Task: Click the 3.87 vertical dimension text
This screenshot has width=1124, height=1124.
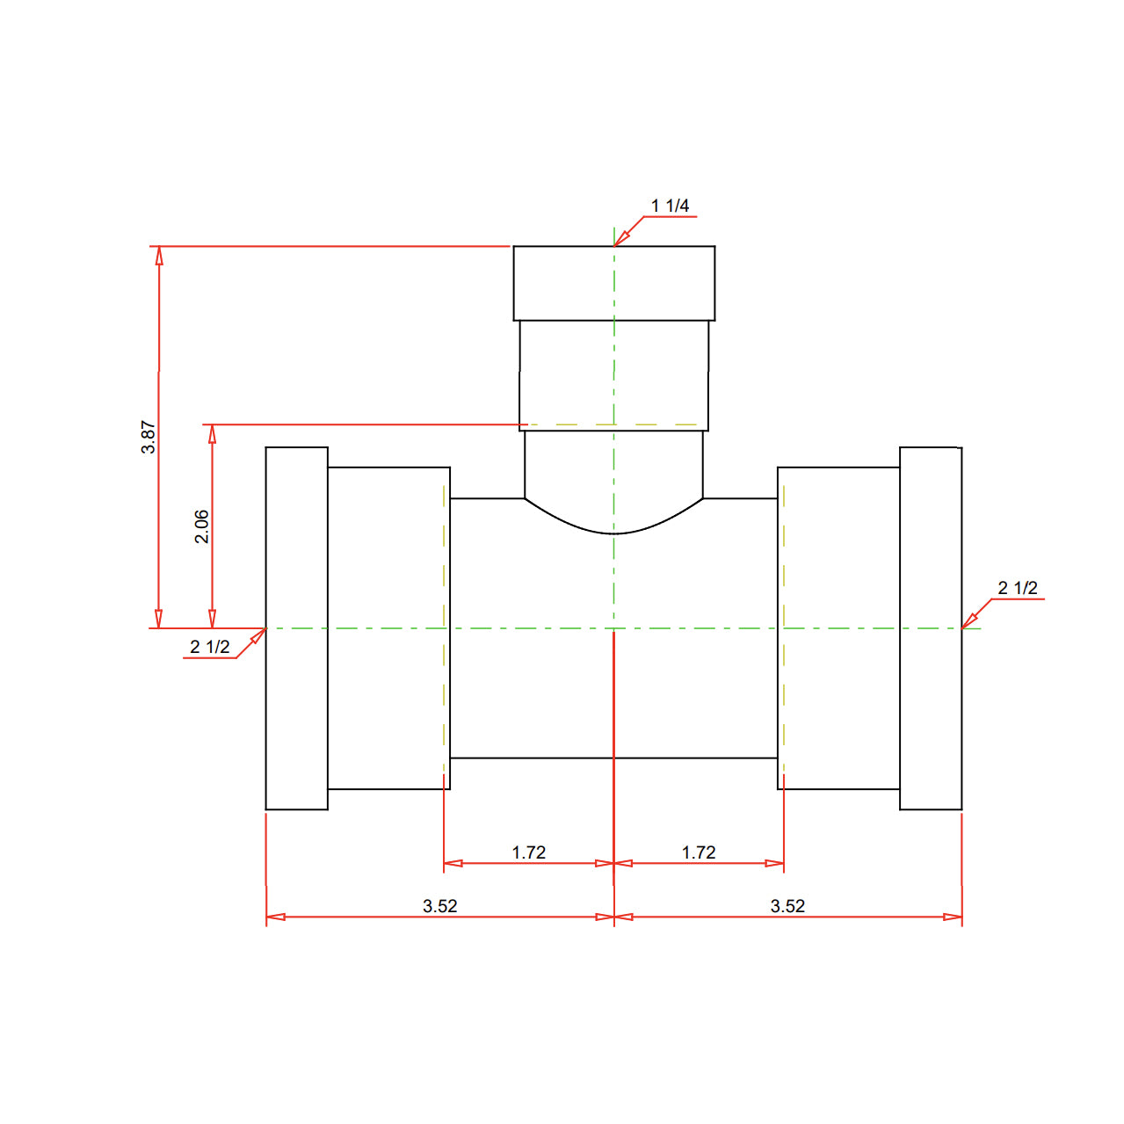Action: (x=149, y=437)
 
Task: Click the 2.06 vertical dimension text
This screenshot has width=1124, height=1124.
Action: (x=201, y=526)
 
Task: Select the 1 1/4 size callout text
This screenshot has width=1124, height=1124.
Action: (x=670, y=206)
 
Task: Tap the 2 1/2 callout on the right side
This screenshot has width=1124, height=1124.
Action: (x=1017, y=588)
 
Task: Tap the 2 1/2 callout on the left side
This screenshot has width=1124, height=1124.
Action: (x=209, y=647)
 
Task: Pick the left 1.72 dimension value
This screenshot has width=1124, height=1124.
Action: (x=528, y=852)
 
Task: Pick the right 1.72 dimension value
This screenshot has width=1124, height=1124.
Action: (x=698, y=852)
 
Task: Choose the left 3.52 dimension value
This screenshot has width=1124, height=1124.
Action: (x=439, y=906)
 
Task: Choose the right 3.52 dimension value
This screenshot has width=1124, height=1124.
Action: (x=787, y=906)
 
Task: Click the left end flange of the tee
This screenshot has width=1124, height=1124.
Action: (x=297, y=628)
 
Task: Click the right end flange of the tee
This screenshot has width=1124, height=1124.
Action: (x=931, y=628)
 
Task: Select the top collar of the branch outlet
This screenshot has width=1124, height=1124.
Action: (x=613, y=283)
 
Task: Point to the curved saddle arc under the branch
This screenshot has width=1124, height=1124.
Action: (x=613, y=532)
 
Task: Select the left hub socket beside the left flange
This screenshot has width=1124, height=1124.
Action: (x=388, y=628)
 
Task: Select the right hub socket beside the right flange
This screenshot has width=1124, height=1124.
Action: (x=839, y=628)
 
